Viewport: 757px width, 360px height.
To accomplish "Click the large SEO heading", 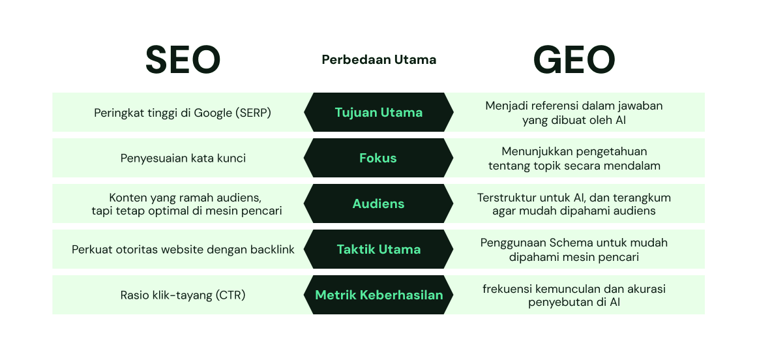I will point(183,60).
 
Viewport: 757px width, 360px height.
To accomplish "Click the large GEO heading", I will point(574,60).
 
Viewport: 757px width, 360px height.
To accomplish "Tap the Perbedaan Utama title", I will point(379,60).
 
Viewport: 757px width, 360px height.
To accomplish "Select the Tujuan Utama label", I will point(378,112).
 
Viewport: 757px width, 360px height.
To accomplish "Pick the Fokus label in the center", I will point(378,158).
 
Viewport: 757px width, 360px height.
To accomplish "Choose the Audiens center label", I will point(378,203).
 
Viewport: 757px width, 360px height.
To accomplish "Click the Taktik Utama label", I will point(378,249).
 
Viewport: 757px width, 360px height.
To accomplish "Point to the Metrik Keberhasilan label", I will point(378,295).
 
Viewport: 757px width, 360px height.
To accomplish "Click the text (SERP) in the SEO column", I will point(253,113).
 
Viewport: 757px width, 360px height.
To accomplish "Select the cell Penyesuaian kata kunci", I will point(183,158).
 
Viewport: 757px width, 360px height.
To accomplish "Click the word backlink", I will point(272,250).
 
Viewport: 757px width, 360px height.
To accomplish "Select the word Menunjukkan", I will point(528,151).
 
